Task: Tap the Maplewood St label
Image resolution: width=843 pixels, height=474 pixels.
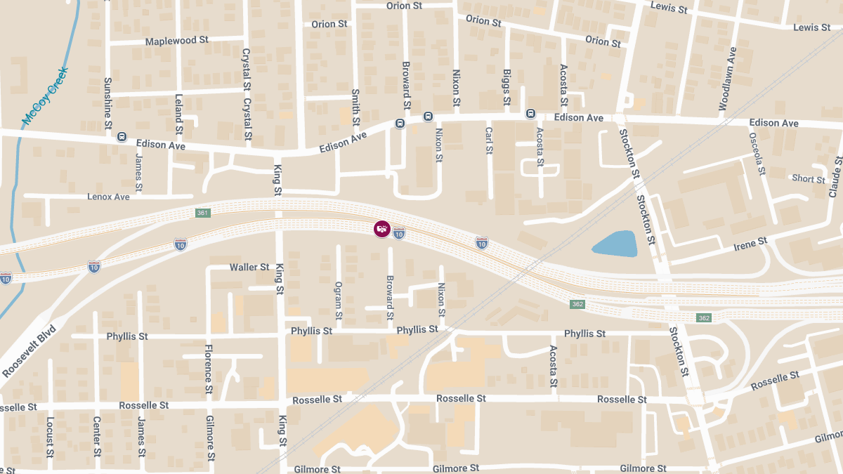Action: click(x=171, y=41)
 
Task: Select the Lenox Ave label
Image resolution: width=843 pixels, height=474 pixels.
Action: click(x=108, y=197)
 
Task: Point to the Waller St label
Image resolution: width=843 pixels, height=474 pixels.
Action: click(x=249, y=268)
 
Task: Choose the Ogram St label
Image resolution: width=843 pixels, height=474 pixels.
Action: click(x=338, y=296)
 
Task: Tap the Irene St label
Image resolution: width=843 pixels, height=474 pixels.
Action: click(x=750, y=241)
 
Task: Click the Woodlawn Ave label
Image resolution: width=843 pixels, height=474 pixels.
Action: click(x=728, y=79)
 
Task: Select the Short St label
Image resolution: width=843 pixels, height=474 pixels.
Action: click(x=809, y=179)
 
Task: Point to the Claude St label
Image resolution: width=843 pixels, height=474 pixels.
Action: click(x=835, y=176)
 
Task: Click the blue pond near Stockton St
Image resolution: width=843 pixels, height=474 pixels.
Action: click(x=615, y=244)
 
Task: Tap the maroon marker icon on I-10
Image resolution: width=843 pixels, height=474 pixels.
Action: click(x=381, y=229)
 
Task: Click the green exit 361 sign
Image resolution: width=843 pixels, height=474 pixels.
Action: click(x=202, y=213)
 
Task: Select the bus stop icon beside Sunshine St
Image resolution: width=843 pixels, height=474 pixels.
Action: click(x=122, y=137)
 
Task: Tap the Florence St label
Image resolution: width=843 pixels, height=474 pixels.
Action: click(x=209, y=369)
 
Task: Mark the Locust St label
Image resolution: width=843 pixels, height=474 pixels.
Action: click(x=50, y=436)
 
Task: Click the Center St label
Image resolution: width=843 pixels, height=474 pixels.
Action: click(x=97, y=436)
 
